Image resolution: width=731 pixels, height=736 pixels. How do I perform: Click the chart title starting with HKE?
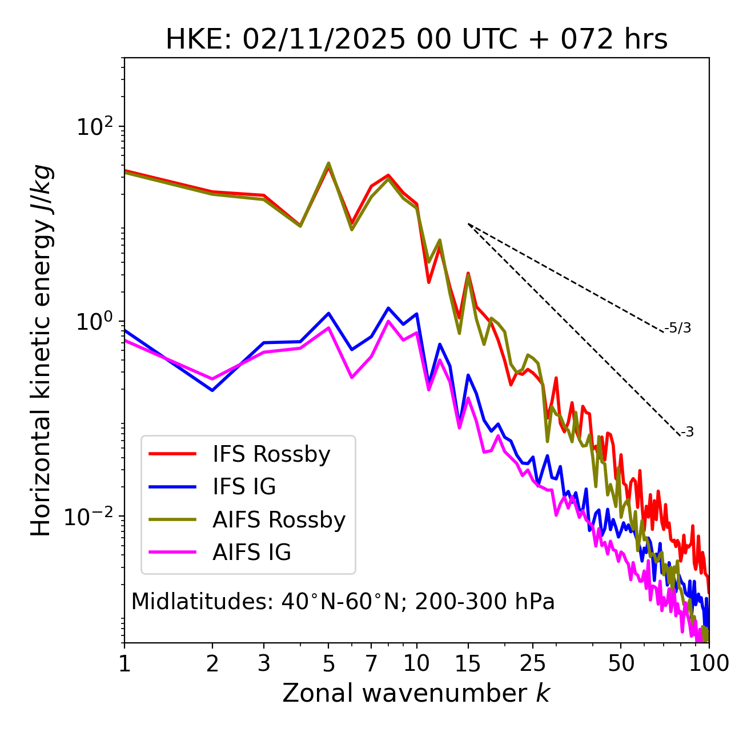[x=416, y=39]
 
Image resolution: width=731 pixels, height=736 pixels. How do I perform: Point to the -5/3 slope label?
[x=678, y=328]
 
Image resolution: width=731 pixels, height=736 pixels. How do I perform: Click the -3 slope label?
[x=687, y=433]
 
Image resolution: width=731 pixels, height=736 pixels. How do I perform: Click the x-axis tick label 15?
[x=468, y=663]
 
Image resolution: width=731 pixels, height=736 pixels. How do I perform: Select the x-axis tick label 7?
[x=371, y=663]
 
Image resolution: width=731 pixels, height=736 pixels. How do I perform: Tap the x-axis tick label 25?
[x=533, y=663]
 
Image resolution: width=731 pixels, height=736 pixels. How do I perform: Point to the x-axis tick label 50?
[x=621, y=663]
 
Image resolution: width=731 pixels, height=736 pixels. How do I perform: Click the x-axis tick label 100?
[x=709, y=663]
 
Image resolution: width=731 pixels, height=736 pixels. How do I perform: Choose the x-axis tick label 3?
[x=264, y=663]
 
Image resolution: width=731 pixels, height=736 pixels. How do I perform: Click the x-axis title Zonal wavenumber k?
[x=416, y=693]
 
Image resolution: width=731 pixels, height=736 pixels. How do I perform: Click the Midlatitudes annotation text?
[x=343, y=602]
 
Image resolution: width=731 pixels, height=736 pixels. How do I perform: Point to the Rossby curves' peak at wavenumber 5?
[x=328, y=164]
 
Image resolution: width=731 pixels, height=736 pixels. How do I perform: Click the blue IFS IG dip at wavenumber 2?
[x=212, y=390]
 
